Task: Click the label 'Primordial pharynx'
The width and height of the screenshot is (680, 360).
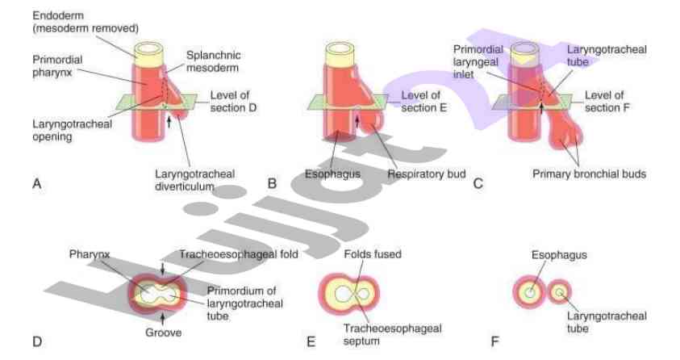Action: [55, 66]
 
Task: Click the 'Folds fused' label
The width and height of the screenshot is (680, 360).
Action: [373, 254]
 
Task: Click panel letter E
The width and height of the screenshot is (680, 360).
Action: [311, 342]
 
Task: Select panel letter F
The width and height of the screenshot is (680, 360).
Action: [495, 342]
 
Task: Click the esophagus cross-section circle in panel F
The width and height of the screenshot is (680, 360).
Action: [529, 292]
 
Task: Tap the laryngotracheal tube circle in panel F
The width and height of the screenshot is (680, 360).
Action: [559, 291]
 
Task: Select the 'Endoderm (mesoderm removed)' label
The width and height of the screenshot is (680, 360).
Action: [86, 22]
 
